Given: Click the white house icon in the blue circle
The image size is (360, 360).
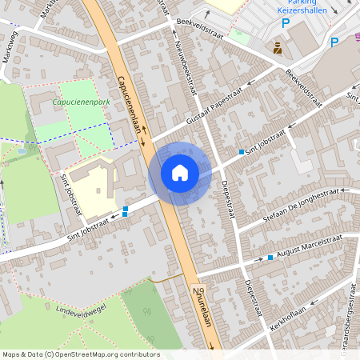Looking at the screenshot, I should (179, 172).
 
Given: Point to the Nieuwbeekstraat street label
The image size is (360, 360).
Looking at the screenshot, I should (185, 64).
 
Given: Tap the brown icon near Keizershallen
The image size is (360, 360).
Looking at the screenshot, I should (278, 48).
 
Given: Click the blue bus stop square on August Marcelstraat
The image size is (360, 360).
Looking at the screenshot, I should (270, 258).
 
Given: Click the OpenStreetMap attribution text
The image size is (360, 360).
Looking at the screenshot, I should (81, 354).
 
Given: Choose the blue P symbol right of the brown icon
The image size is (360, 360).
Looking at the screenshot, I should (334, 42).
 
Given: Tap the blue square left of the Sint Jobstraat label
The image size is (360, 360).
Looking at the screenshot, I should (242, 151).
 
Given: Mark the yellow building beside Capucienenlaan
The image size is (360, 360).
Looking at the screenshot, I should (94, 188).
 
